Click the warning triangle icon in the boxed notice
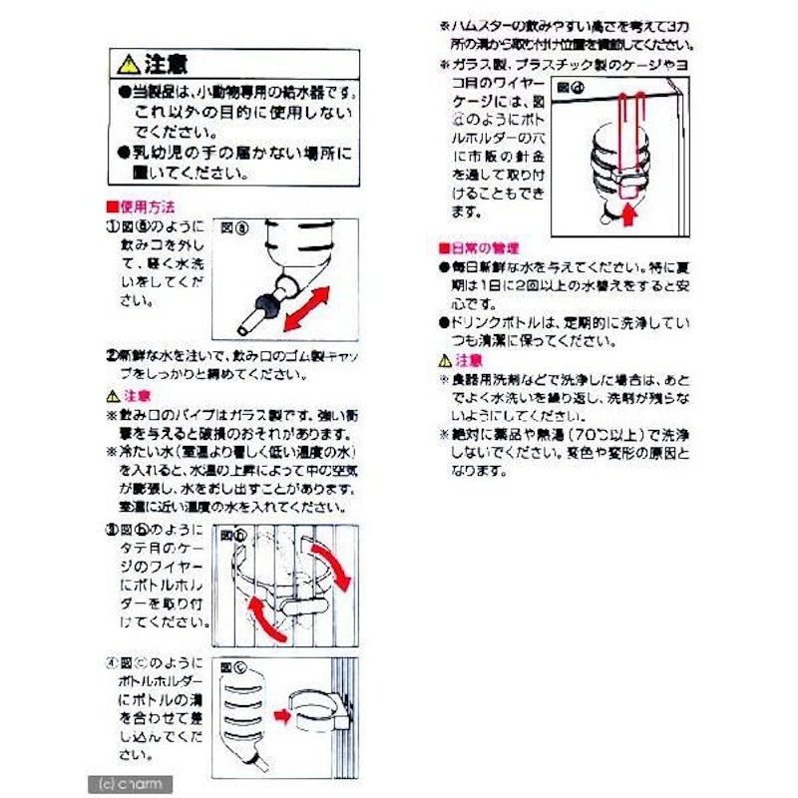[x=128, y=65]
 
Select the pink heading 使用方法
[x=143, y=207]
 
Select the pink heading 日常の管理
[x=478, y=246]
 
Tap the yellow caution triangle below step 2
[x=113, y=396]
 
